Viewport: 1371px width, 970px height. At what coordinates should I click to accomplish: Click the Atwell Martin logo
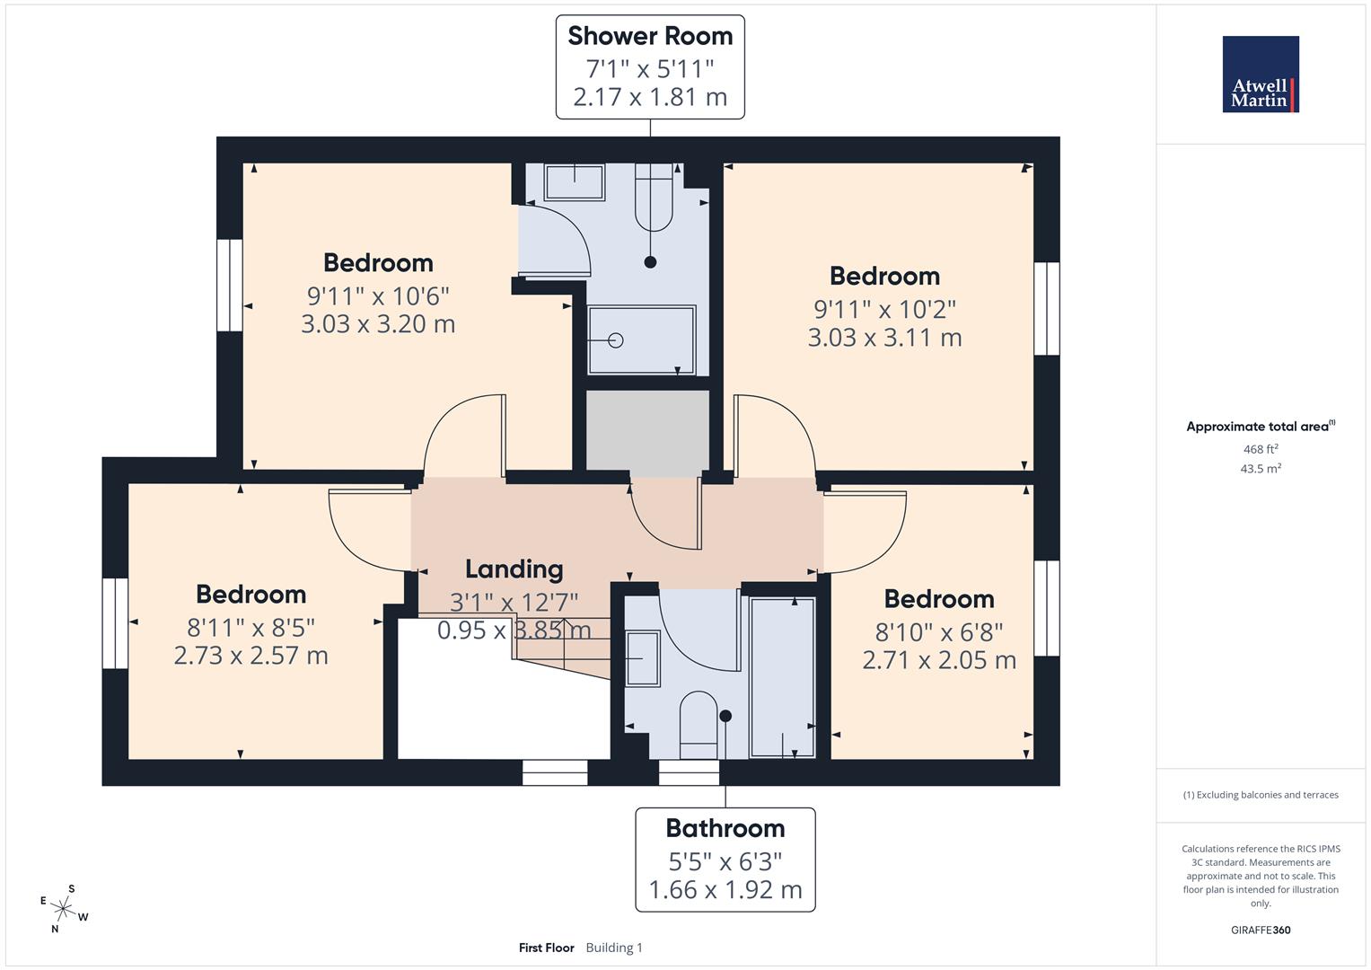(1261, 75)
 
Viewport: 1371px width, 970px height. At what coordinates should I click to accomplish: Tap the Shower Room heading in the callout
(650, 36)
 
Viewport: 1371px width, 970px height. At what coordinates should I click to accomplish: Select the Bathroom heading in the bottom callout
(725, 828)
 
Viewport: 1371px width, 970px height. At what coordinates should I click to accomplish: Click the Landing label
(514, 569)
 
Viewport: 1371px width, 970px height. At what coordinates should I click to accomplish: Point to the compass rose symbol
(64, 909)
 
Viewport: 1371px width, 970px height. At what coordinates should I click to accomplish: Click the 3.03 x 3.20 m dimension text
(378, 324)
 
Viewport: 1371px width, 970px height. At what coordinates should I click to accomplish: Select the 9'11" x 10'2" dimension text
(884, 309)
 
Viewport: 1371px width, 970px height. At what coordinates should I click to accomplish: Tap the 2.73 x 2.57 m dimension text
(250, 656)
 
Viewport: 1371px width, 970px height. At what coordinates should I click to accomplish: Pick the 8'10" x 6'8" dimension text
(939, 632)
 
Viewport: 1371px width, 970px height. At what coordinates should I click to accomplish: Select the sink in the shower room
(575, 182)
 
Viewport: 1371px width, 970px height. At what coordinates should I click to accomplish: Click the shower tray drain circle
(616, 340)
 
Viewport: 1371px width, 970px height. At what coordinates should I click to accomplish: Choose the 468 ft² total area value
(1261, 449)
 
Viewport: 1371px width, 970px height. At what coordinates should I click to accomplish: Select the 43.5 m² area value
(1261, 469)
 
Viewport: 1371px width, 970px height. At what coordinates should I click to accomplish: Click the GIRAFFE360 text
(1261, 930)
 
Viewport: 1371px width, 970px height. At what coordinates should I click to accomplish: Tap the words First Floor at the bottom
(546, 948)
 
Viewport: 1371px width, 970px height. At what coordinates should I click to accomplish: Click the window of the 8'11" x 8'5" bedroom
(115, 623)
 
